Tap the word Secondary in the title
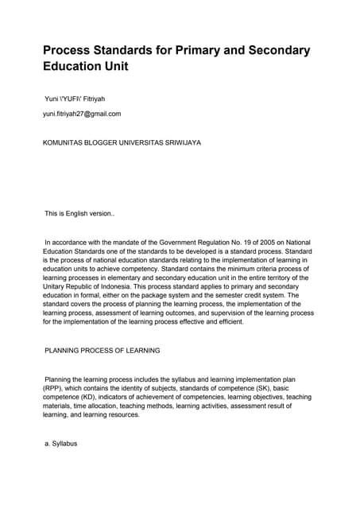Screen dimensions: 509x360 pos(276,50)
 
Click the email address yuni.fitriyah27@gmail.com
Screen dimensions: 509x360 pos(82,114)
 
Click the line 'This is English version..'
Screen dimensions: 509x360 pos(79,214)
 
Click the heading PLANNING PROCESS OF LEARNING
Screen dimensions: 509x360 pos(102,350)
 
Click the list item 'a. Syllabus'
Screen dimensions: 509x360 pos(60,443)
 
